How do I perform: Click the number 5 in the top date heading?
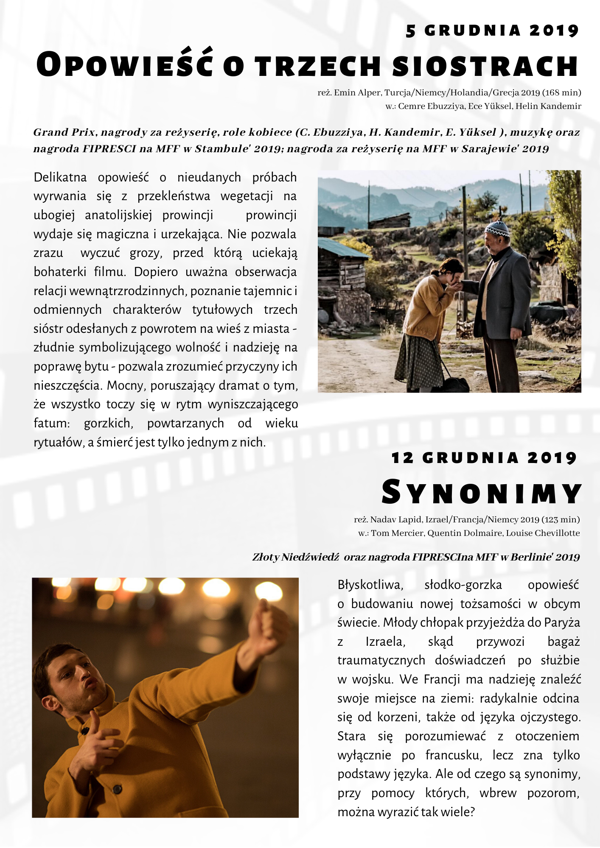click(x=411, y=31)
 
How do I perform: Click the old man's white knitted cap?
click(x=497, y=229)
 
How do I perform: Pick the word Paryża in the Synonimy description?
click(x=561, y=623)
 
